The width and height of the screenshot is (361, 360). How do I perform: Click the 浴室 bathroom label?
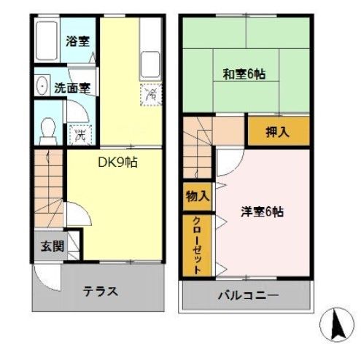(78, 42)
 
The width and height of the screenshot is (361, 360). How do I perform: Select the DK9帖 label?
(118, 163)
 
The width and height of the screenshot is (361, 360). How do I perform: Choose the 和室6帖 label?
(244, 74)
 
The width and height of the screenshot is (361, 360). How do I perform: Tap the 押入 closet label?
(276, 132)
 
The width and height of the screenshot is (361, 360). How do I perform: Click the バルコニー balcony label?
(247, 297)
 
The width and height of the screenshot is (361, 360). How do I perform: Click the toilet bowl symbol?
(49, 128)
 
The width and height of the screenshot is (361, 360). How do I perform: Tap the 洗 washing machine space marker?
(81, 133)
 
